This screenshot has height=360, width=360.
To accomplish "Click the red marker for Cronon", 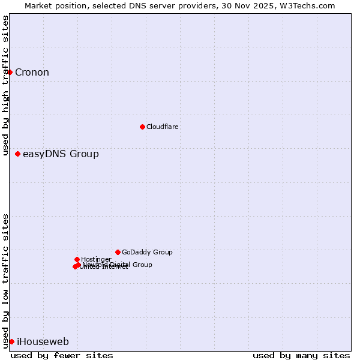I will coord(10,73).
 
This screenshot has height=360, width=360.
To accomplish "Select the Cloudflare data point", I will coord(142,127).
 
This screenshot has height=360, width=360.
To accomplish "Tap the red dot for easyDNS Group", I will coord(17,154).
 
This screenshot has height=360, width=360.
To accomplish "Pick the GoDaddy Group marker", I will coord(118,252).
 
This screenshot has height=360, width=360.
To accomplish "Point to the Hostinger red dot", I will coord(77,259).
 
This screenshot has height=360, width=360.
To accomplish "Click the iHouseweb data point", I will coord(11,341).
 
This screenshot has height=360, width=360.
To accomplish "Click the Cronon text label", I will coord(32,73).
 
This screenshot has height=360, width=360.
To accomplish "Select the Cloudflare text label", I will coord(162,127).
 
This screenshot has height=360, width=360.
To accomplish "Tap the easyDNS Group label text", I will coord(61,154).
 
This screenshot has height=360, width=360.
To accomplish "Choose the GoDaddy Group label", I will coord(147,253).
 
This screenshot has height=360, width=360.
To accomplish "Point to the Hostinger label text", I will coord(96,259).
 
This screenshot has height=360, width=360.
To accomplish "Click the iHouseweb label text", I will coord(43,342).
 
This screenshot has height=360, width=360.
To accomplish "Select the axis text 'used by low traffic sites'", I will coord(6,281).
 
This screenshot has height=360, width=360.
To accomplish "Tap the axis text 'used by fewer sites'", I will coord(62,355).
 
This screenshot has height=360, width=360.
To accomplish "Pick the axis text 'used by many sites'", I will coord(301,355).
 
